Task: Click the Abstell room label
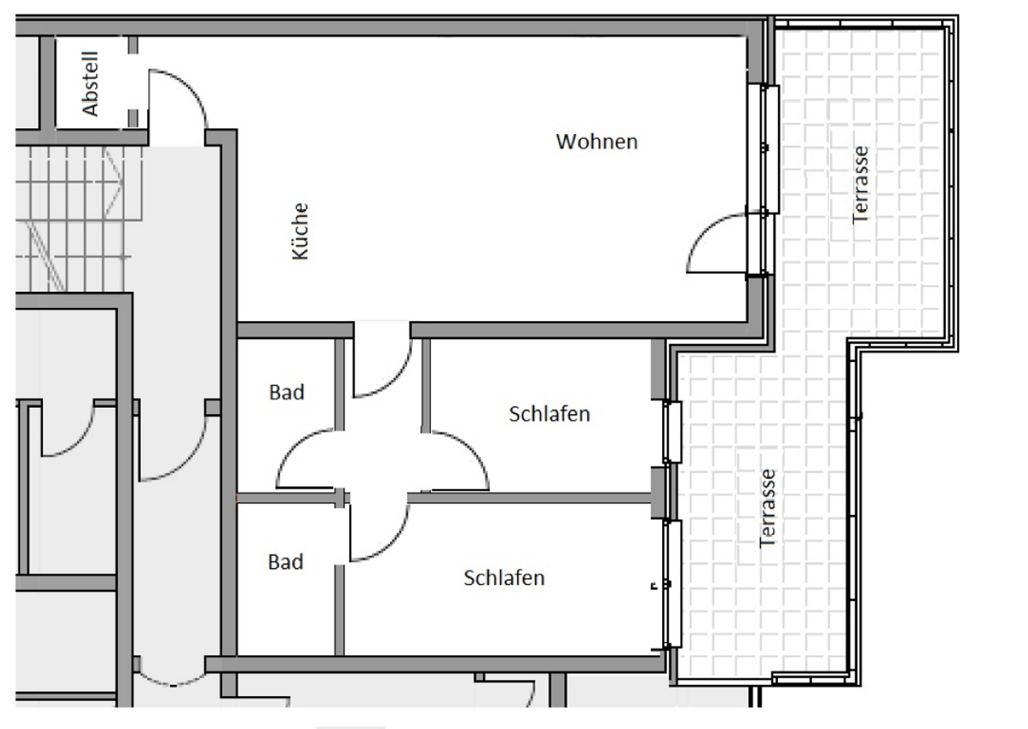90,84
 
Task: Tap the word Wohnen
597,142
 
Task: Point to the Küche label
300,231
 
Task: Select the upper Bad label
286,392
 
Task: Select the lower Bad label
285,562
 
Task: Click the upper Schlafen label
549,414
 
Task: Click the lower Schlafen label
504,578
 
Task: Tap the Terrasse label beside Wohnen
860,184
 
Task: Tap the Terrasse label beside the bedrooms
767,508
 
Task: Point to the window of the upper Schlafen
672,432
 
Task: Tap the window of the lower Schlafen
672,584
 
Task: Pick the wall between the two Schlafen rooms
530,498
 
